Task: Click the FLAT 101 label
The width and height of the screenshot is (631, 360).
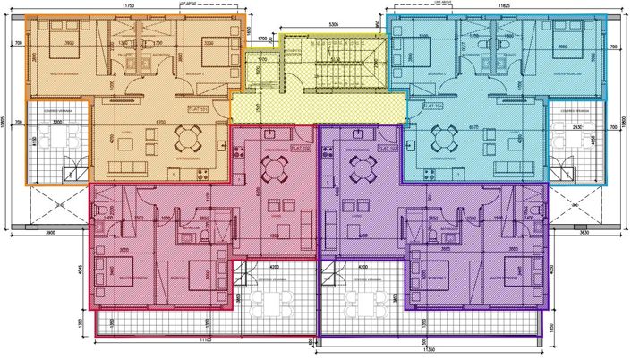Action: (x=196, y=108)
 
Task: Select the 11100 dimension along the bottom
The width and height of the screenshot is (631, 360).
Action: (x=204, y=339)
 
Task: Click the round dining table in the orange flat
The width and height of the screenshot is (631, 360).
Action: (x=187, y=137)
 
